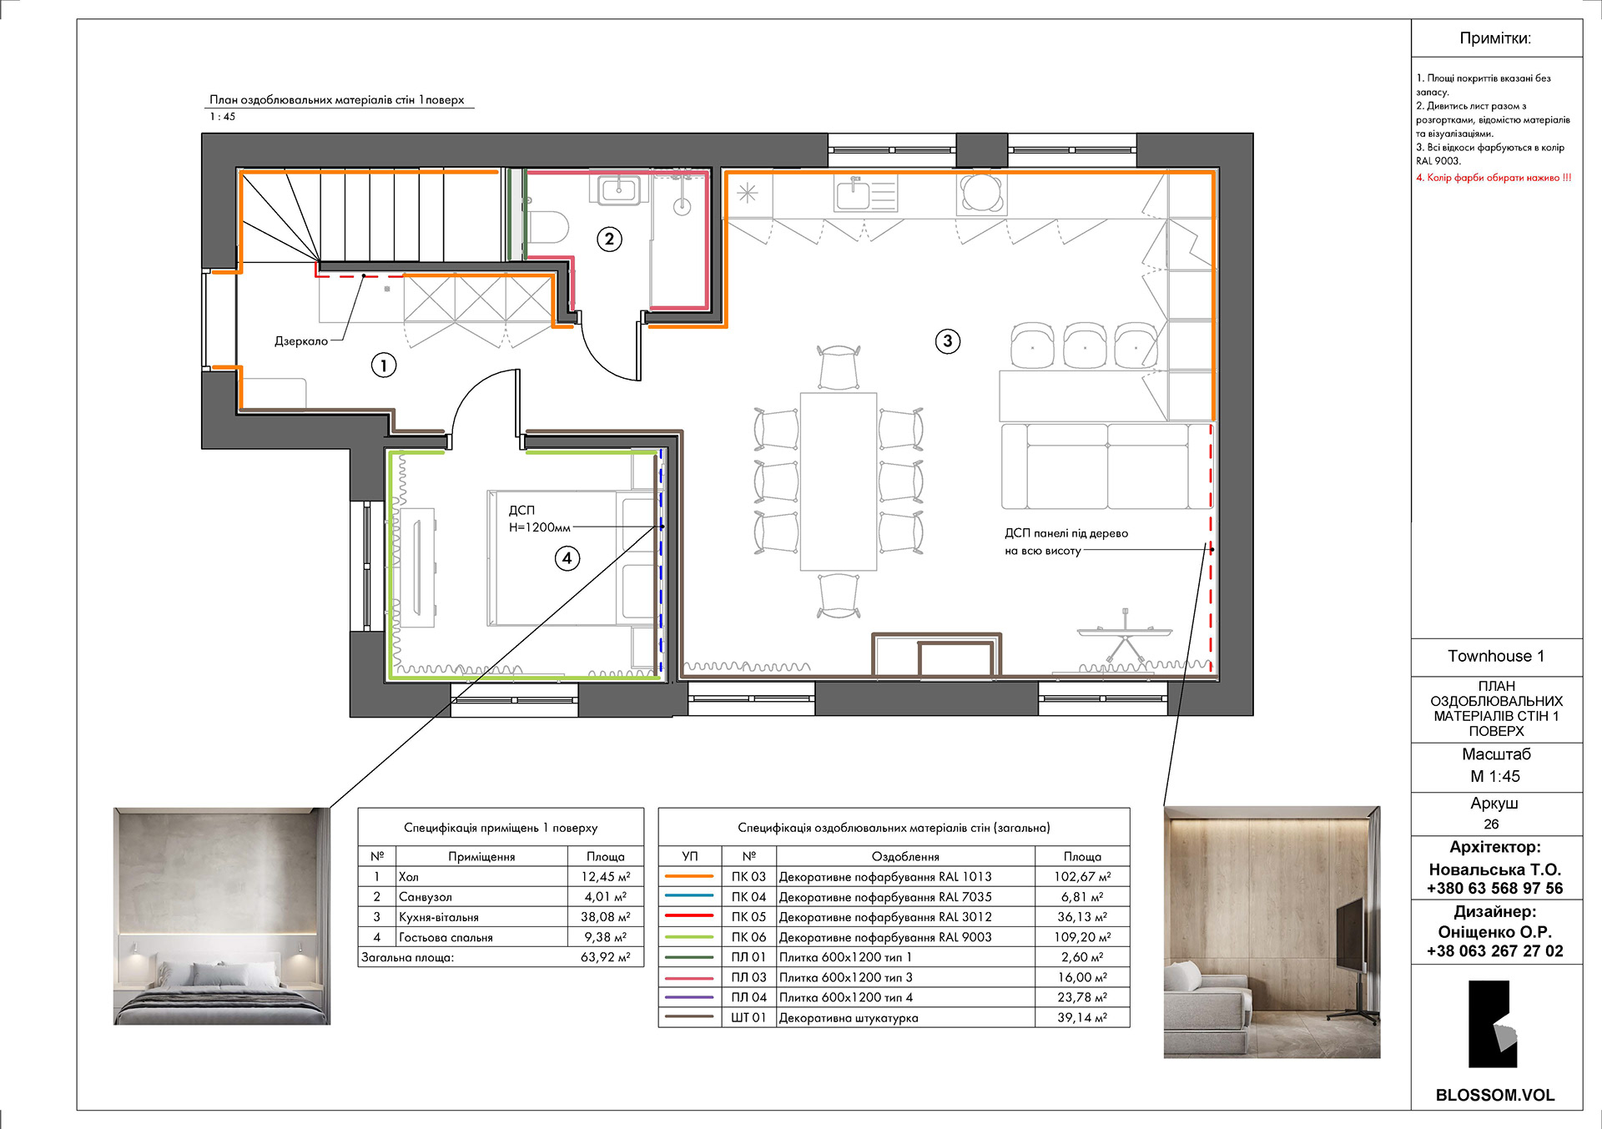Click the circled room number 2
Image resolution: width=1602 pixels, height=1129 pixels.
[609, 239]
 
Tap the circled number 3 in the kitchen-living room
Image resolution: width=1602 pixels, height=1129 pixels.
[947, 340]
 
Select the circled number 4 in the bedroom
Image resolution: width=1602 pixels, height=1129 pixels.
[567, 558]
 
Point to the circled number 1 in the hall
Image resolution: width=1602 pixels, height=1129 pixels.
[384, 365]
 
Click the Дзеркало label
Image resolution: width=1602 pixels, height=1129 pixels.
[301, 341]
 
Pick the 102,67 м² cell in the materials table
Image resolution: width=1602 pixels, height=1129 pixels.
[1082, 877]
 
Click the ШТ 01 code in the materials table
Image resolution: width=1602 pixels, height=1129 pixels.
[748, 1018]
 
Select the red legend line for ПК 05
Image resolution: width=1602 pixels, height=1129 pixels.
[689, 916]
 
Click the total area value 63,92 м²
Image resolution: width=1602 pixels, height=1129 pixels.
[606, 957]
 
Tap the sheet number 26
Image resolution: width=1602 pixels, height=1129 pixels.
[1491, 824]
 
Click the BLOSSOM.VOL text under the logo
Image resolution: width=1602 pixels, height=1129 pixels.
[1495, 1096]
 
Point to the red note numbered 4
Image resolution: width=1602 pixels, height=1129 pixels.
[1494, 178]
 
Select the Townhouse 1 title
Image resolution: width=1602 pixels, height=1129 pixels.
[1496, 656]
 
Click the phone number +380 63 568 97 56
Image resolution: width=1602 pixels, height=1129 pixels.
[1495, 889]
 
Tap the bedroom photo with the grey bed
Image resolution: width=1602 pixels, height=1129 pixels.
[222, 915]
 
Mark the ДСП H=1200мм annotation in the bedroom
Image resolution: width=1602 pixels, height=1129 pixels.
[540, 518]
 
